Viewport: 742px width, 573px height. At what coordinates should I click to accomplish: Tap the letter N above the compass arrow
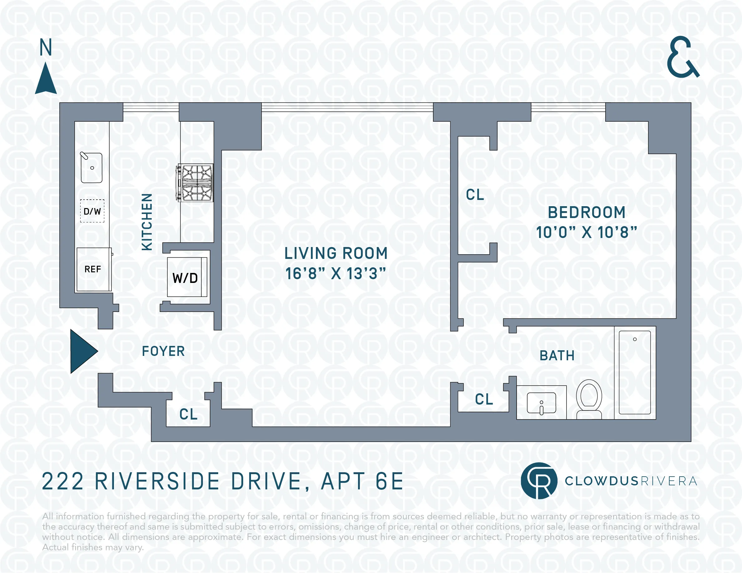(46, 47)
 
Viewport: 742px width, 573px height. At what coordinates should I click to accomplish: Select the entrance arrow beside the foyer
(82, 351)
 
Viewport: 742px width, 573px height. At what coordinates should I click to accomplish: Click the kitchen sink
(91, 168)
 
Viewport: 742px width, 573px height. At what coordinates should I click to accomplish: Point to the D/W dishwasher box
(92, 211)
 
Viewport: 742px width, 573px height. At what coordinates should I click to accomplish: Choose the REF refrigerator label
(93, 269)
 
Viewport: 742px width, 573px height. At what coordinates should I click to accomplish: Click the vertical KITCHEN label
(147, 222)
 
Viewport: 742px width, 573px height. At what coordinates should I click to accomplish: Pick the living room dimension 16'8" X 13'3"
(335, 274)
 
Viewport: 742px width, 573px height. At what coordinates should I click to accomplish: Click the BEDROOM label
(587, 212)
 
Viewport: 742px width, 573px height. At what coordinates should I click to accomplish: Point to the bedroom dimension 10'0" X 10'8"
(587, 232)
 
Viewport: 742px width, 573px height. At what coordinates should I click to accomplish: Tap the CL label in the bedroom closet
(474, 195)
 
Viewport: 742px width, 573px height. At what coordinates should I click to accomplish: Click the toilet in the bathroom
(589, 399)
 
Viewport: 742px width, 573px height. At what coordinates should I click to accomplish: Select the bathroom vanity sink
(541, 403)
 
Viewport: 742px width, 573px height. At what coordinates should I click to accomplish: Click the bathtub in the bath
(634, 372)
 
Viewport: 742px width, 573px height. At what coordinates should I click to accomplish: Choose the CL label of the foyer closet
(188, 414)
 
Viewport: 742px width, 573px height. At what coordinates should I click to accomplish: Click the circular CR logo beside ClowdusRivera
(539, 481)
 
